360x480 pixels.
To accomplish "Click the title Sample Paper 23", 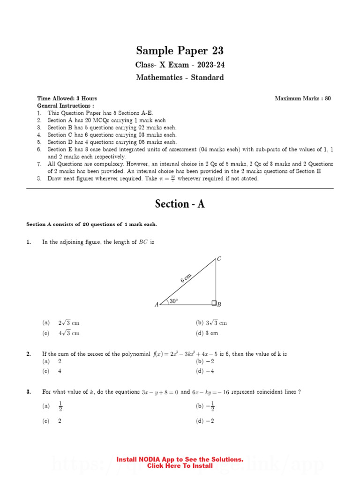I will click(180, 51).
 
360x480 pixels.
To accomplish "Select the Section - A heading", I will click(180, 204).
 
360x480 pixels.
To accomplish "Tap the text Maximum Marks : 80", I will click(302, 98).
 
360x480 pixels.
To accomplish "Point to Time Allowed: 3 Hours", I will click(67, 98).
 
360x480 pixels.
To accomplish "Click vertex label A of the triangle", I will click(157, 305).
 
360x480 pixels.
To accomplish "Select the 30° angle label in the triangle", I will click(174, 301).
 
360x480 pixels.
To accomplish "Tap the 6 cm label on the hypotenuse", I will click(186, 278).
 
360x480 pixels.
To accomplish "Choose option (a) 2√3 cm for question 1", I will click(62, 323).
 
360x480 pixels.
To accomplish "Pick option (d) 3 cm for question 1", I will click(207, 333).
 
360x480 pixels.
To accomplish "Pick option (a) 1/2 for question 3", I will click(52, 406).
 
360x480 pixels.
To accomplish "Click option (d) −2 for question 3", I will click(205, 421).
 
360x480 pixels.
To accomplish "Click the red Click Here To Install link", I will click(180, 466).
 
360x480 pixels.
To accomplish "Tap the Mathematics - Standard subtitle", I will click(180, 77).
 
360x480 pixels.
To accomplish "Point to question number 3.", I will click(29, 392).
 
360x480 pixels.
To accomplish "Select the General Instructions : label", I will click(65, 106).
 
